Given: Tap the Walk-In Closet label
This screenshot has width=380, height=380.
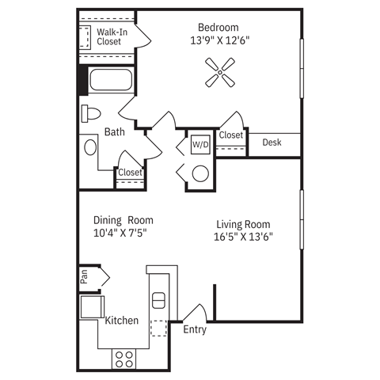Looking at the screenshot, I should (x=109, y=36).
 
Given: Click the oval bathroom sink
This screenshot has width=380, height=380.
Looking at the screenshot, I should (x=89, y=148).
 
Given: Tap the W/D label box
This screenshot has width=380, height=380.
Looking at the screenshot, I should (x=199, y=145).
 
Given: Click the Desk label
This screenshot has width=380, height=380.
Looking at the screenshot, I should (x=272, y=142).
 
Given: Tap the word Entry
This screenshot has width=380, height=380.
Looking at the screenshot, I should (x=195, y=330).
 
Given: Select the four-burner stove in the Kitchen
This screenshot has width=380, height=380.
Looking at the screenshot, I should (x=123, y=358).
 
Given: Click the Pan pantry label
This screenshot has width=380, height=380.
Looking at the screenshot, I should (x=83, y=278).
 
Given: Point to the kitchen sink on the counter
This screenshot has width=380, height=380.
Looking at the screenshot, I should (x=158, y=300).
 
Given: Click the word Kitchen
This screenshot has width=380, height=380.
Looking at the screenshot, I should (x=122, y=321).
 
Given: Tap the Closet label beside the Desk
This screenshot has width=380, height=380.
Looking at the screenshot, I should (x=231, y=135).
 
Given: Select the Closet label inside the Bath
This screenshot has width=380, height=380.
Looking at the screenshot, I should (x=130, y=173).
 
